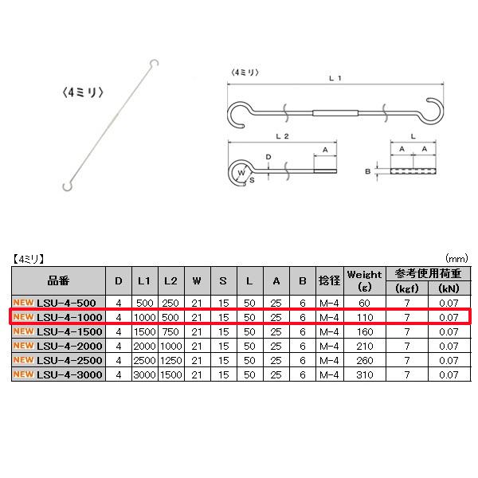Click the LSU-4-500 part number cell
tap(58, 303)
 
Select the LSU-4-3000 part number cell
tap(58, 374)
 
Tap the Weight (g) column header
tap(365, 280)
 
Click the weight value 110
tap(365, 317)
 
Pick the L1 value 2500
tap(145, 360)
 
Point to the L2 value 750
tap(170, 331)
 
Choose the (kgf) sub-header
tap(406, 288)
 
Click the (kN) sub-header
tap(449, 288)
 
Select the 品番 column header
tap(58, 280)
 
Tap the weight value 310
tap(365, 374)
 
